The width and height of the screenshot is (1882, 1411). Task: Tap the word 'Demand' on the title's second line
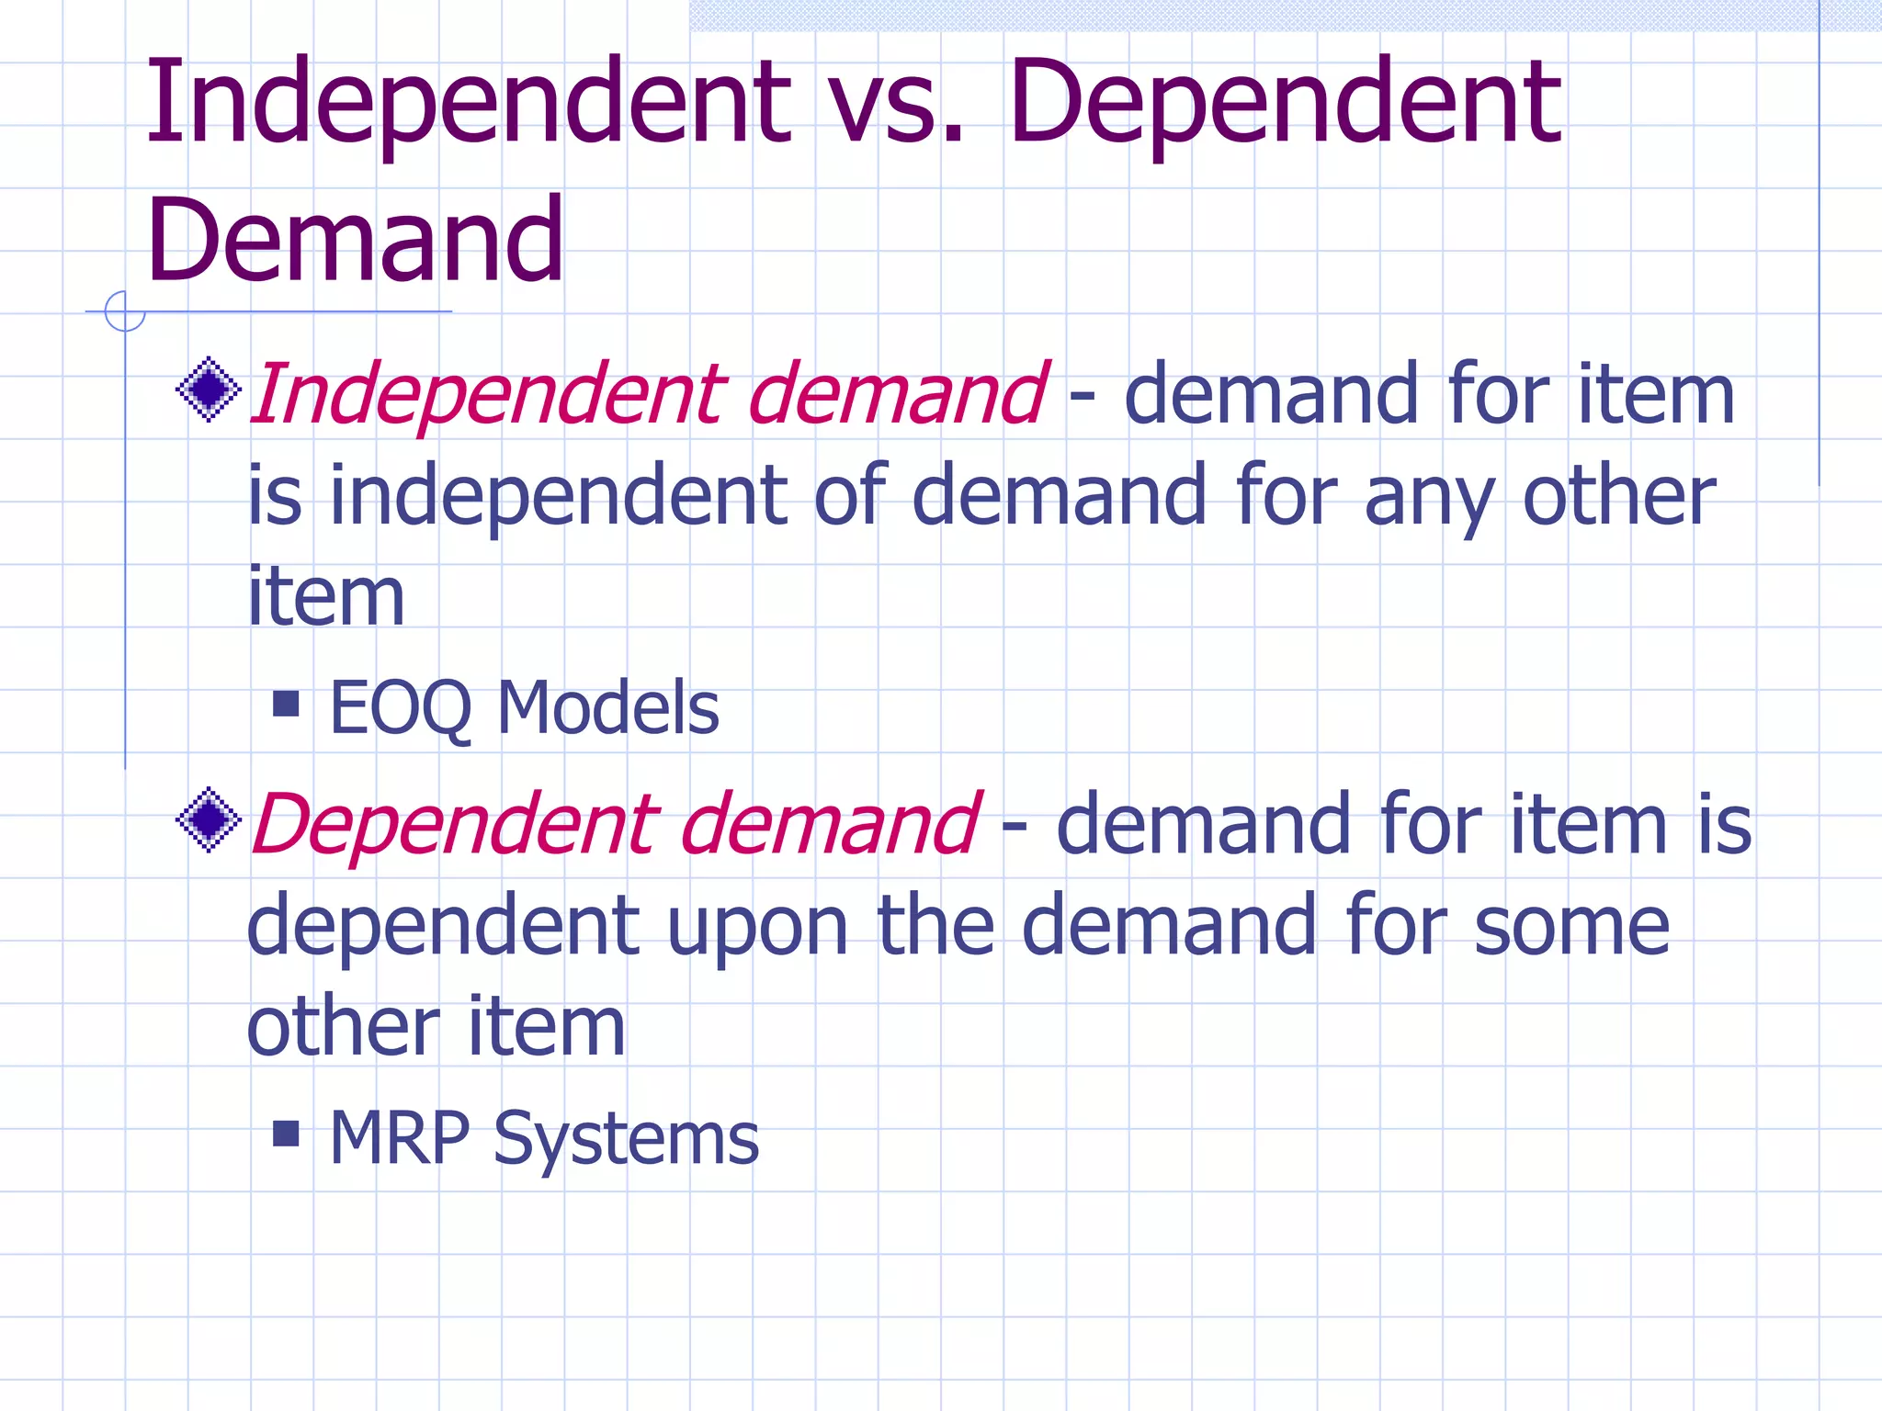[354, 241]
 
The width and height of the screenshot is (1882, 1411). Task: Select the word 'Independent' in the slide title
[467, 103]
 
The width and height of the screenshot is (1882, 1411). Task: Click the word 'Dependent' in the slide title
[1284, 103]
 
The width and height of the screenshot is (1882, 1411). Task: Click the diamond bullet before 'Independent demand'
[209, 389]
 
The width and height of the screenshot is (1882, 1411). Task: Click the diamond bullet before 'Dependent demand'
[209, 819]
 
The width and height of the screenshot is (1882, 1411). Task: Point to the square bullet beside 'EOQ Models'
[287, 704]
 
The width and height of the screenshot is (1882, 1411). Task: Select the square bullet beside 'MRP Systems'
[287, 1134]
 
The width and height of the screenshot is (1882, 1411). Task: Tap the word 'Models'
[607, 708]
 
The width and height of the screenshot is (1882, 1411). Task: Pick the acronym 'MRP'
[401, 1138]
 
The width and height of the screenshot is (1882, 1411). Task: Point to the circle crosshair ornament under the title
[125, 311]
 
